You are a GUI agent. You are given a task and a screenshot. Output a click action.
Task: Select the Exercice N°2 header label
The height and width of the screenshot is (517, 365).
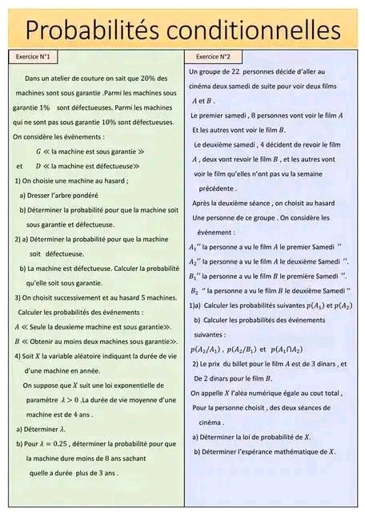[x=213, y=58]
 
